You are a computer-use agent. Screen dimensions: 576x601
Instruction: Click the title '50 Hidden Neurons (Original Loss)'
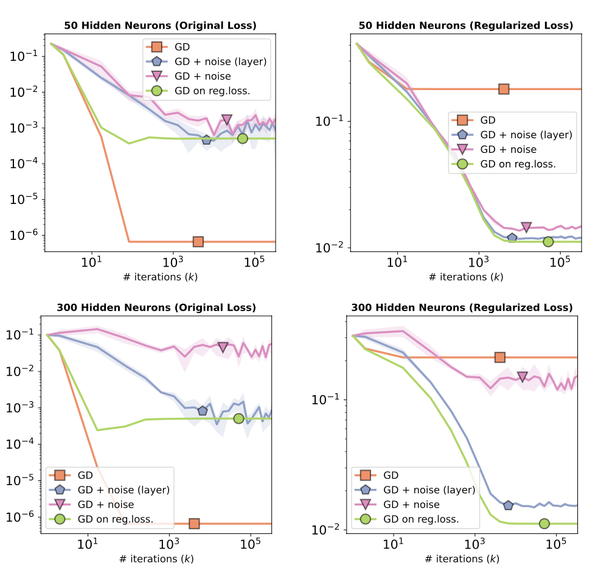click(160, 26)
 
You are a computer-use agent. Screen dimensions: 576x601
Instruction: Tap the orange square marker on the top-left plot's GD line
click(198, 242)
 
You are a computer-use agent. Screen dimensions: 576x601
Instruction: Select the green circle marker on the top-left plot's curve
click(242, 138)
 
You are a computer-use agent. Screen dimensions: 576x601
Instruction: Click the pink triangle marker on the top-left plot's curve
click(227, 119)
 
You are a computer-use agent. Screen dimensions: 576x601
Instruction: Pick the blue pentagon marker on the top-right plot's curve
click(512, 237)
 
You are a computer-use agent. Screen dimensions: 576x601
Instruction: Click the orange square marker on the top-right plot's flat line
click(504, 89)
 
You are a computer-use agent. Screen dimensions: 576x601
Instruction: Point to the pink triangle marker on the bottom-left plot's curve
click(223, 347)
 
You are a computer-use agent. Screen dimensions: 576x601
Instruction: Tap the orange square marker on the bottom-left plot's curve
click(194, 524)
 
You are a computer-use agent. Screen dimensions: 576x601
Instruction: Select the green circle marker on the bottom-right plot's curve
click(544, 524)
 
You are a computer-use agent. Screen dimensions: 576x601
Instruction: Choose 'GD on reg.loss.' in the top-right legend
click(518, 164)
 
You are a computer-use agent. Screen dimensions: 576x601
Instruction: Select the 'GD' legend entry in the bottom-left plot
click(86, 475)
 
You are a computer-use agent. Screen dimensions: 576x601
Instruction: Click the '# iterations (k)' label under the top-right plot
click(466, 277)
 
